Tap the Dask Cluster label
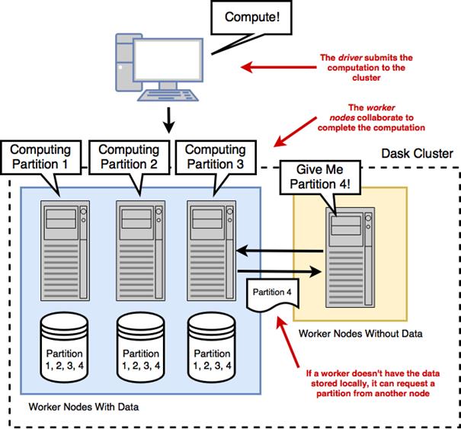click(415, 154)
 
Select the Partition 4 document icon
click(271, 294)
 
